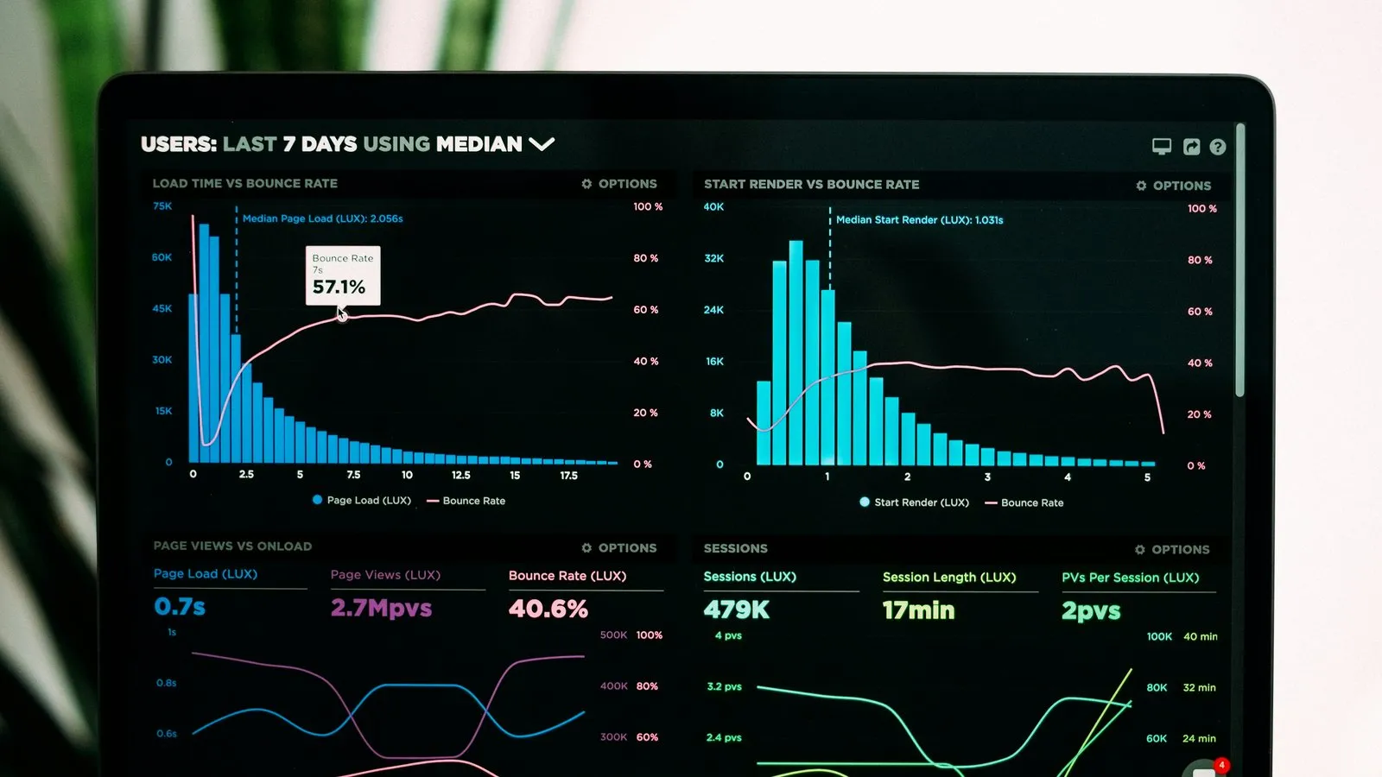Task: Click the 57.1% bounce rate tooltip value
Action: tap(339, 287)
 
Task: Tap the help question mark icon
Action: tap(1217, 147)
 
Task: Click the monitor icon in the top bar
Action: tap(1162, 146)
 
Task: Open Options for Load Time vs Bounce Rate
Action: tap(619, 184)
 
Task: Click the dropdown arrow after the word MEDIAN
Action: tap(542, 144)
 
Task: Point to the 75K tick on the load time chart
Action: tap(162, 206)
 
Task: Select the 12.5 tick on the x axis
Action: tap(461, 475)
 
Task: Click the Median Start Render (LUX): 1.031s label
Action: tap(919, 220)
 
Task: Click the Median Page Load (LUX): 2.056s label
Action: tap(322, 218)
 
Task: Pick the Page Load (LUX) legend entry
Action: tap(362, 500)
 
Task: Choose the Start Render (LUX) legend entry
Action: tap(915, 502)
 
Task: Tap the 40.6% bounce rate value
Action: tap(548, 609)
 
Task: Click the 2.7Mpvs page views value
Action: tap(381, 608)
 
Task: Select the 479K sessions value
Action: tap(736, 610)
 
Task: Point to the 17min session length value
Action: tap(918, 610)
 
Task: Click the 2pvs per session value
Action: tap(1091, 611)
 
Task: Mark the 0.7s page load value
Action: tap(180, 607)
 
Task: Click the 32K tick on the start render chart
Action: tap(713, 258)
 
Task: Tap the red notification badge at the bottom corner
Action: tap(1220, 765)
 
